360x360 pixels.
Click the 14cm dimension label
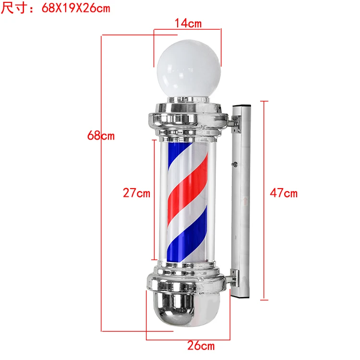coord(188,23)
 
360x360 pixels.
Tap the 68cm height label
coord(101,136)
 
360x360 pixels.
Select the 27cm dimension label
coord(136,193)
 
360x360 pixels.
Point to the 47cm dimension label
coord(284,193)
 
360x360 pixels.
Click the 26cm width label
coord(201,345)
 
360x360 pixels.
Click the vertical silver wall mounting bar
coord(241,202)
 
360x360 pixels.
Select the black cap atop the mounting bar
coord(241,106)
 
